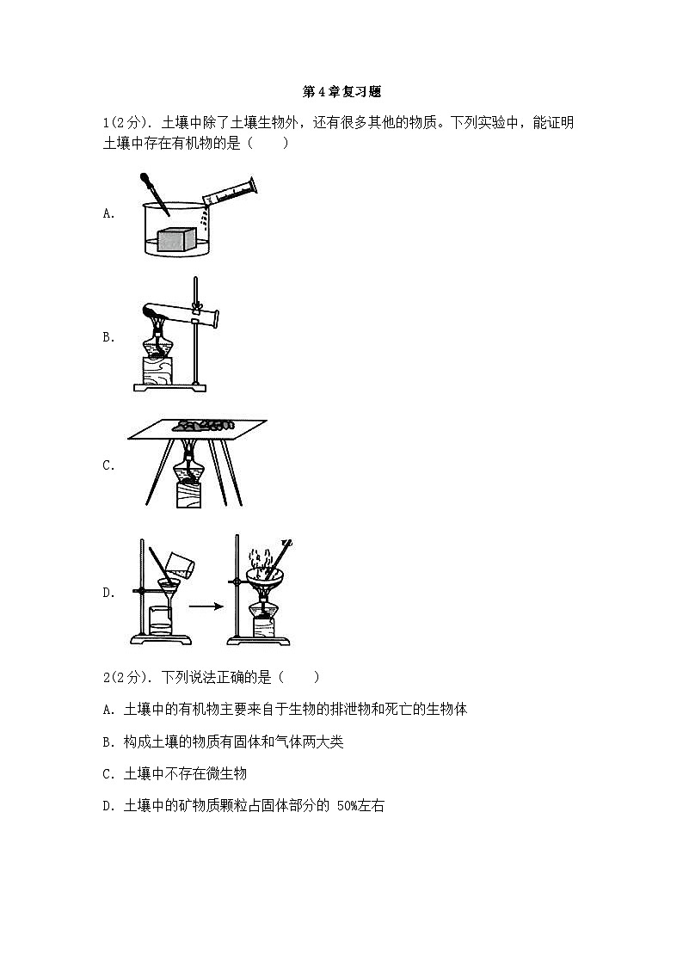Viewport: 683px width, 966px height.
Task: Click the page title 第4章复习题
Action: (x=341, y=91)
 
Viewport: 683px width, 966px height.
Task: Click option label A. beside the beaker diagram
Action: (x=108, y=213)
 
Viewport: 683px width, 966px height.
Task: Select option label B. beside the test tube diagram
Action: (x=108, y=337)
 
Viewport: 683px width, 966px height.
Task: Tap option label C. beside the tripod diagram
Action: (x=108, y=465)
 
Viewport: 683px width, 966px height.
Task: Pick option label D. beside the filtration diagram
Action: (x=108, y=593)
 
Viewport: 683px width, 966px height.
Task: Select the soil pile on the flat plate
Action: (x=203, y=424)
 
